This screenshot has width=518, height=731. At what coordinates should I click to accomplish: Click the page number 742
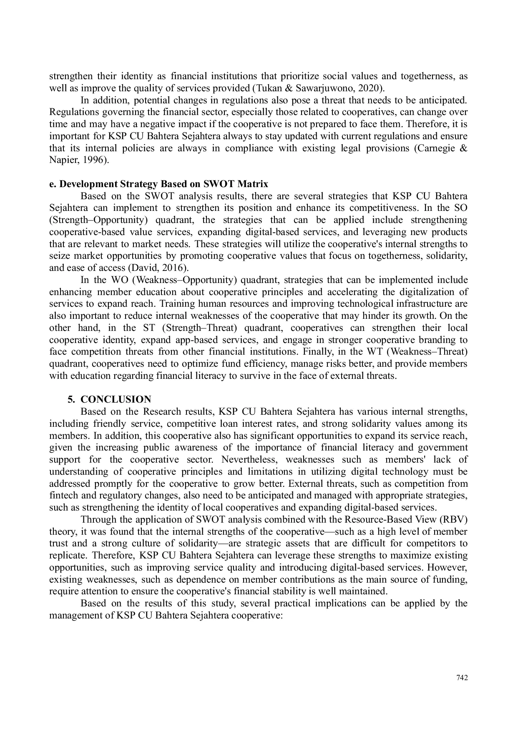point(462,678)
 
